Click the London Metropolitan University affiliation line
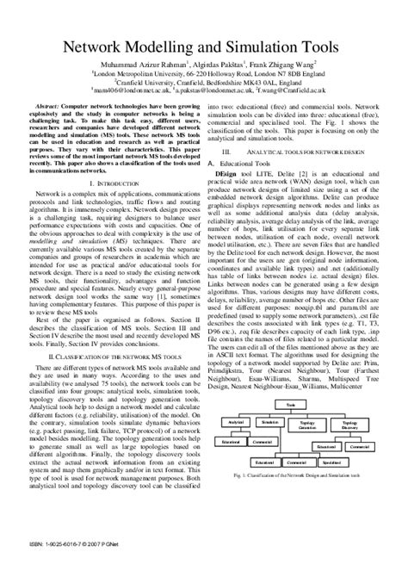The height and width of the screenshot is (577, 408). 204,74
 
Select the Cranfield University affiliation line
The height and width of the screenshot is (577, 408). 204,82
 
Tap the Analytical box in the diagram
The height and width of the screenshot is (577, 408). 234,423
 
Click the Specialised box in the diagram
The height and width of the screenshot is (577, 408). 371,447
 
